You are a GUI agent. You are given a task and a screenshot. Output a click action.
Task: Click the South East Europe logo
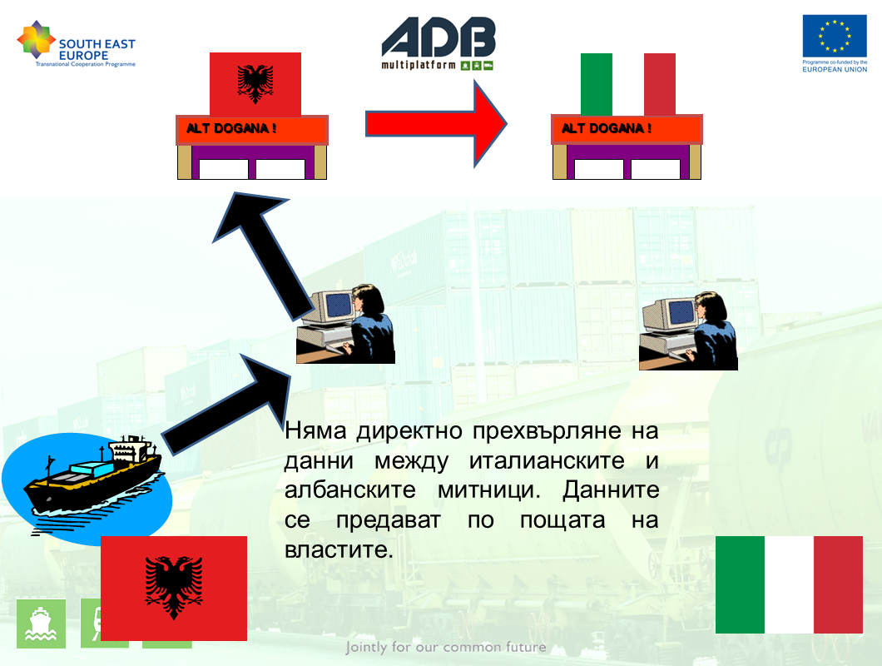coord(77,44)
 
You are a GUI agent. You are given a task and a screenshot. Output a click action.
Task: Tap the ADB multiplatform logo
coord(439,44)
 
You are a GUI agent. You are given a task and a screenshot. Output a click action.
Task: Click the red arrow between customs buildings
coord(436,124)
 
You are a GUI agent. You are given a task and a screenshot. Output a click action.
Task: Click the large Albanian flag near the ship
coord(174,589)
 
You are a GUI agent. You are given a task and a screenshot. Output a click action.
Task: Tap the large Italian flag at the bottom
coord(789,585)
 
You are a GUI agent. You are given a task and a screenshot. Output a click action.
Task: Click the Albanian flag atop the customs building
coord(255,84)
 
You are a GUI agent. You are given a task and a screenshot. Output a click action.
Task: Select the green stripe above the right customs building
coord(597,84)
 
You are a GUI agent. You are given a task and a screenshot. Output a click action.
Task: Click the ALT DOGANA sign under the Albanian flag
coord(252,130)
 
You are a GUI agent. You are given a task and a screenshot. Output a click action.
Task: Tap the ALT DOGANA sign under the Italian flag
coord(627,130)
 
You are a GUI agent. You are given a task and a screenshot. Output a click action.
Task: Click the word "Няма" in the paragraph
coord(315,431)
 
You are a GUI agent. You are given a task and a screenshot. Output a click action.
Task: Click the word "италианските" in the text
coord(547,461)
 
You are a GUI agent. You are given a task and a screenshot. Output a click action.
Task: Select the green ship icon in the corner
coord(41,624)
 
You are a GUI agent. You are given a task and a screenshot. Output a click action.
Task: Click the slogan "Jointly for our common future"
coord(446,648)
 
